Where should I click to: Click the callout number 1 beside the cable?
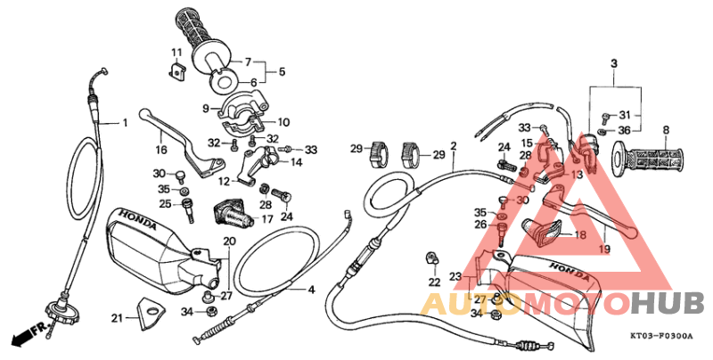(x=126, y=122)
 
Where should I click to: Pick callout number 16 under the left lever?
(x=162, y=150)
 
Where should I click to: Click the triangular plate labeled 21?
(x=149, y=311)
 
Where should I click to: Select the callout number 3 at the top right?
(x=613, y=63)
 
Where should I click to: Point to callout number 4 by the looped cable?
(x=311, y=290)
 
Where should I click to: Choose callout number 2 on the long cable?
(x=453, y=145)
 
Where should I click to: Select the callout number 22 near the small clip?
(x=434, y=282)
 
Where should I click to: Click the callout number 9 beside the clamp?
(x=205, y=109)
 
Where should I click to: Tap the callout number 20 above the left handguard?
(x=229, y=241)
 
